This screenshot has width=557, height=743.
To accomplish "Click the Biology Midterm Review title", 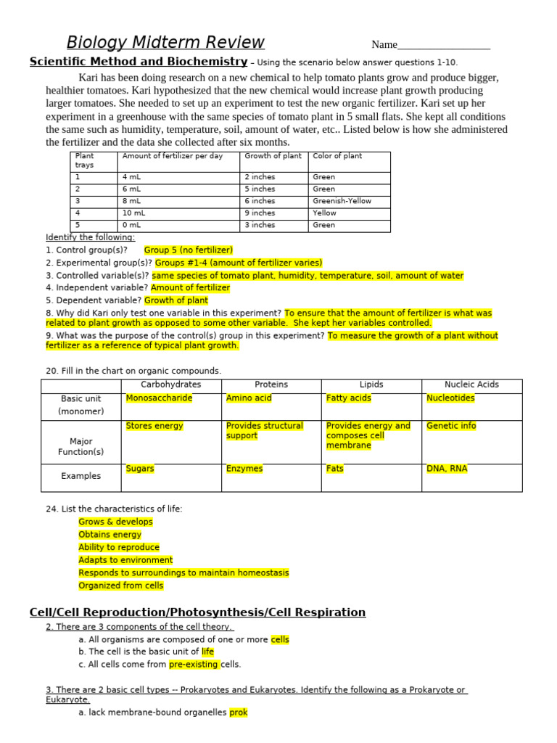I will (x=165, y=42).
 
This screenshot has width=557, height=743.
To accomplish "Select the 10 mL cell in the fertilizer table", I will (x=137, y=213).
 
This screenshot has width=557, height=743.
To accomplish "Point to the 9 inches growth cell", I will (x=260, y=213).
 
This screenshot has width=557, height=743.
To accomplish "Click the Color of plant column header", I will (x=337, y=156).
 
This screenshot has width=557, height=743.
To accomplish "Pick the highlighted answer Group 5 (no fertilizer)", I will (x=189, y=250).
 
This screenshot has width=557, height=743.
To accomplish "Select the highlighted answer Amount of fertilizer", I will (x=190, y=287).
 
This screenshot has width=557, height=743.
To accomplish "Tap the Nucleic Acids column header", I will (x=471, y=385).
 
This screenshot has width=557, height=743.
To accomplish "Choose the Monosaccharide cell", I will (x=159, y=398).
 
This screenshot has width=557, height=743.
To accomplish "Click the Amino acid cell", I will (x=249, y=398).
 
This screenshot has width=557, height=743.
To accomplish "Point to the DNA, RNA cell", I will (x=447, y=469).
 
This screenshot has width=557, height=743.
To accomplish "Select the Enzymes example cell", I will (x=244, y=469).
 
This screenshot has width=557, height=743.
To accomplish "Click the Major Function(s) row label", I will (x=81, y=446).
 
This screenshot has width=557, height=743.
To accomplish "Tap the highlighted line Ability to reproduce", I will (x=119, y=547).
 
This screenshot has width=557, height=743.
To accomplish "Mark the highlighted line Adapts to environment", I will (x=125, y=560).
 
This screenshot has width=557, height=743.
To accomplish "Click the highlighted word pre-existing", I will (x=194, y=664).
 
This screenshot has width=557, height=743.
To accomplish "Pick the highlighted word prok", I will (x=239, y=713).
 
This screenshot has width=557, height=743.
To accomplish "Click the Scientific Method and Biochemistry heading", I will (x=138, y=62).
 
